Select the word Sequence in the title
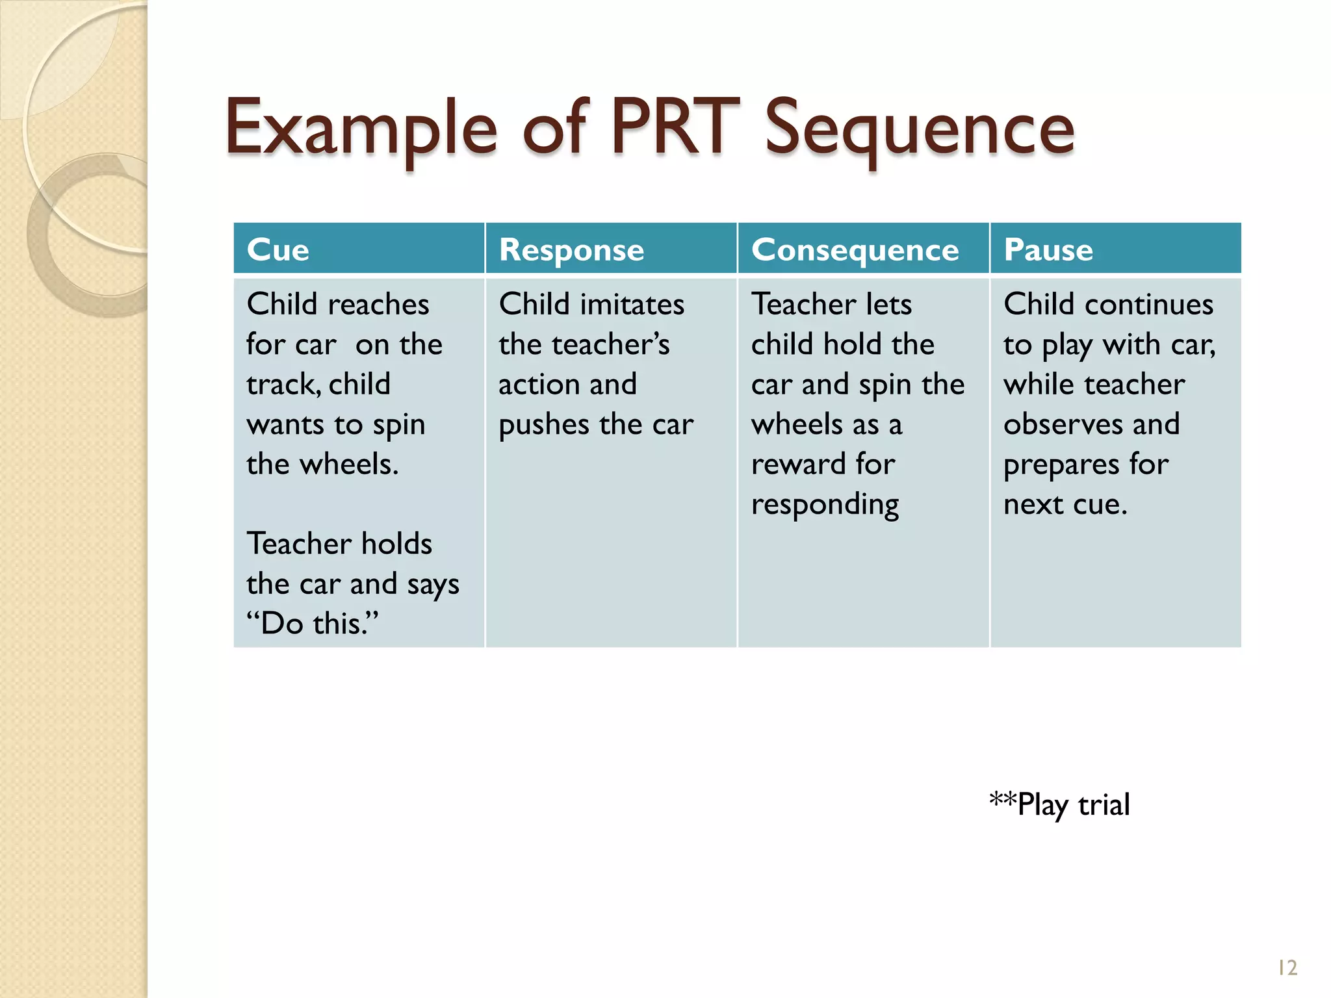click(x=919, y=130)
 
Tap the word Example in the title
click(x=361, y=130)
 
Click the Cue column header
click(x=278, y=249)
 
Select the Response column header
click(x=571, y=249)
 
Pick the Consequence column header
click(x=855, y=249)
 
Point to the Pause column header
click(x=1048, y=249)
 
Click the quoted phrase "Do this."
click(x=312, y=623)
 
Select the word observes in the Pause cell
click(x=1063, y=424)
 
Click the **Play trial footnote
click(x=1059, y=804)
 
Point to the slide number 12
click(x=1287, y=968)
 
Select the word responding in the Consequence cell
click(x=825, y=505)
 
